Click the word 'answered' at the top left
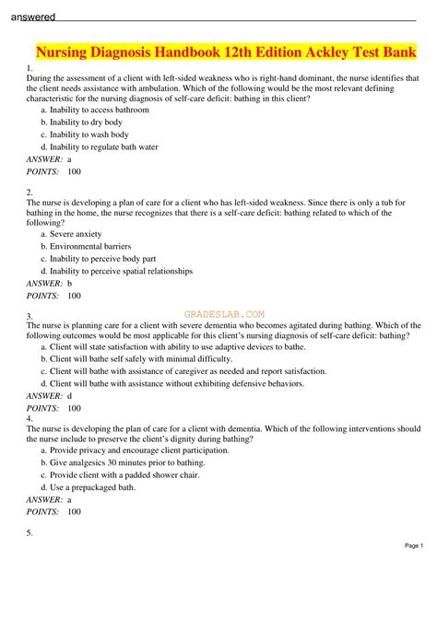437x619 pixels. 29,16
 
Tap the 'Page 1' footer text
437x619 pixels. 413,545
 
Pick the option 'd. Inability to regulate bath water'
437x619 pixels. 96,146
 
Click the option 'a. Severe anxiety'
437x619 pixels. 70,234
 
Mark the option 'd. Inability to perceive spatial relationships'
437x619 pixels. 116,272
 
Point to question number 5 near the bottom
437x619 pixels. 30,533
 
